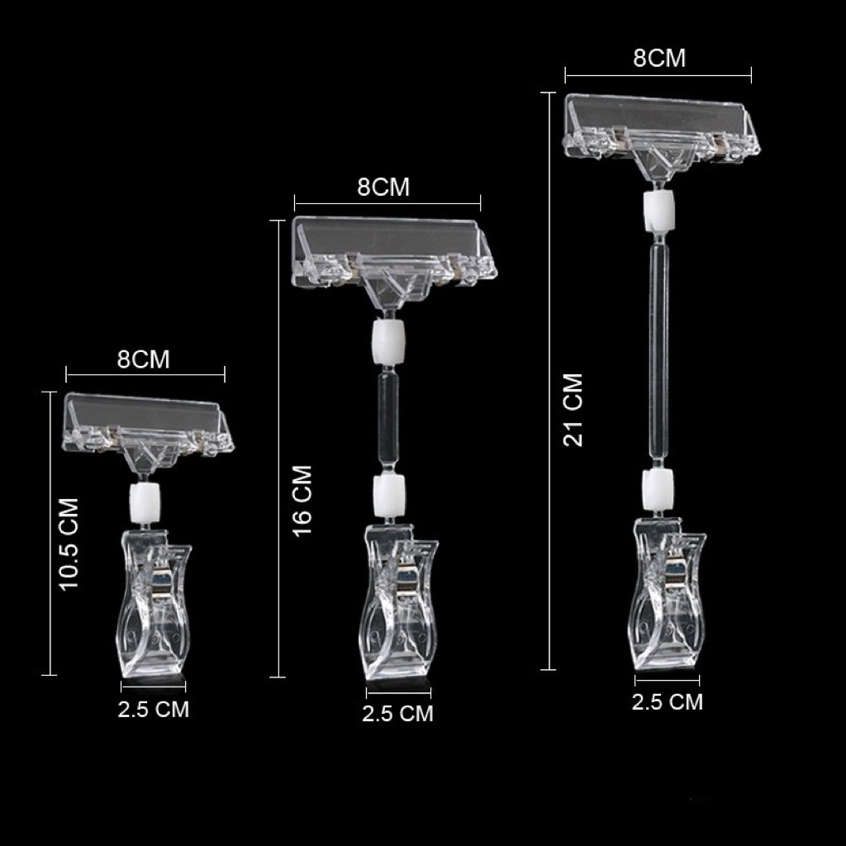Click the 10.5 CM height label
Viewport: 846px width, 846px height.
69,544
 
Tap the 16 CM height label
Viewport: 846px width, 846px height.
302,501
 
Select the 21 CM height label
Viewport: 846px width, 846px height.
573,410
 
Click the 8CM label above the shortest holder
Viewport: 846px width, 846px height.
144,359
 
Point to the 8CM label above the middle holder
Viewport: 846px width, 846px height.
383,188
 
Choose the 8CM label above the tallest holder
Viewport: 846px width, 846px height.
659,59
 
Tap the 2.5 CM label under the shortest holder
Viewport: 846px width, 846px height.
154,710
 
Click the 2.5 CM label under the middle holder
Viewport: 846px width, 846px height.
398,713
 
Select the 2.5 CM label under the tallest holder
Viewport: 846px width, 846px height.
668,702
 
